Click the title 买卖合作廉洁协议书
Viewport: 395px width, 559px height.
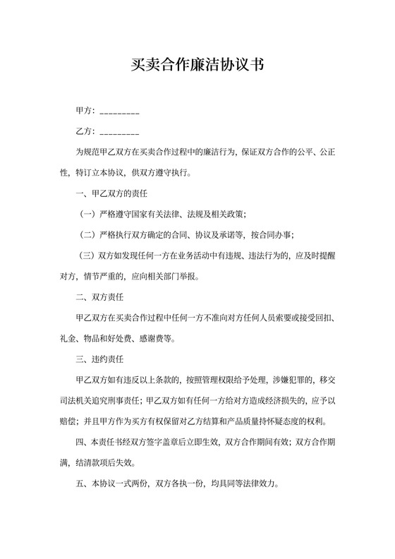(x=197, y=66)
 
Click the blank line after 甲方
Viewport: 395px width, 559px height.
(x=119, y=113)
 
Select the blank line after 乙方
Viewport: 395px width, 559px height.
(x=119, y=133)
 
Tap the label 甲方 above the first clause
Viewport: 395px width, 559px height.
(x=84, y=112)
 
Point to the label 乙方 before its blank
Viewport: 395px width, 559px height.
(x=84, y=131)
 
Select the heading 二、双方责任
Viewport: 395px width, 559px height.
(x=99, y=298)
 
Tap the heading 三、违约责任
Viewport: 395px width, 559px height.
(x=99, y=360)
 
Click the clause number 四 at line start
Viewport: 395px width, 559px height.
(x=80, y=443)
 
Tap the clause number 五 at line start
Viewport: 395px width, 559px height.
(x=80, y=485)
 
